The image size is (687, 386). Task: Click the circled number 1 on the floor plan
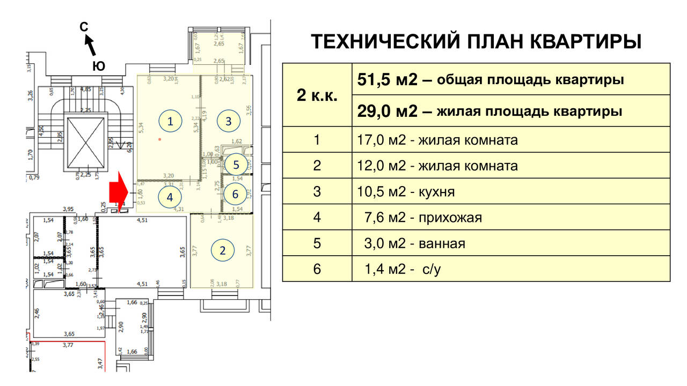[170, 121]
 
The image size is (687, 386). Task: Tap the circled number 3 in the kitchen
[228, 121]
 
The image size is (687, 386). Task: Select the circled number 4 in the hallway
[170, 197]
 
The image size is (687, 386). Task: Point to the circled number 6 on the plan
[235, 194]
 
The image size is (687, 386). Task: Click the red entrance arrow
[118, 192]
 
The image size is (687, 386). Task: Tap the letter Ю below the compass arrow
[98, 65]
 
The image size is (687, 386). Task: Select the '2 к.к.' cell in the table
[317, 95]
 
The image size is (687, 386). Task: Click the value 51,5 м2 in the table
[386, 80]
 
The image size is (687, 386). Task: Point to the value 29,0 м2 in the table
[386, 111]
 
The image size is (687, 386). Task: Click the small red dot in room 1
[159, 139]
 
